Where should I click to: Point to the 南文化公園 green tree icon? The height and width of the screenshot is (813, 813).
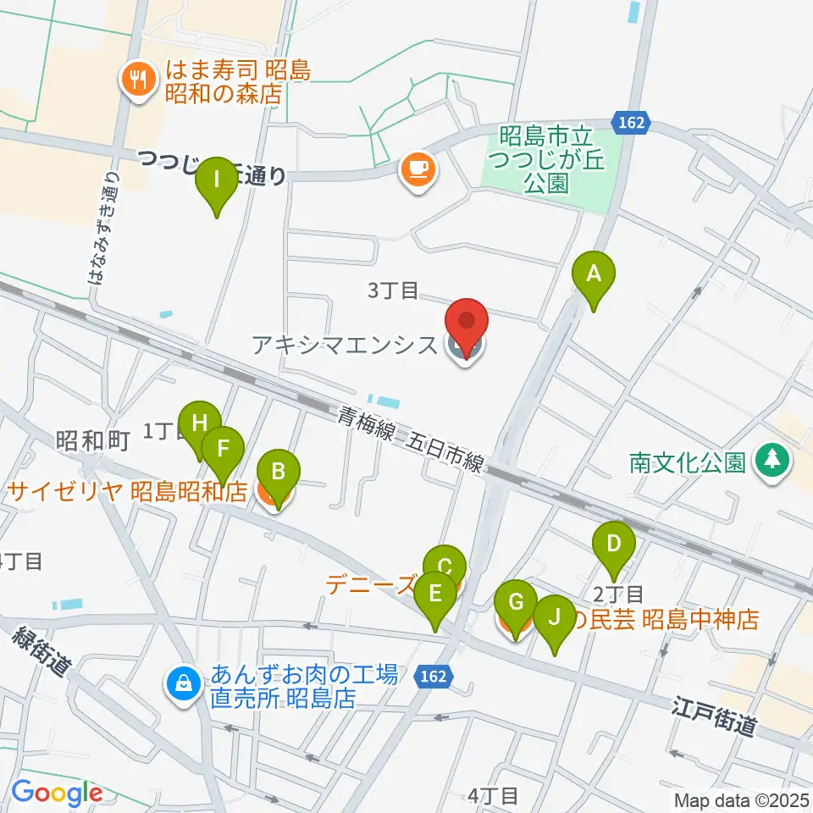pos(772,462)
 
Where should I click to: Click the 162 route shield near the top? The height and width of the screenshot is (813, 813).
pos(631,123)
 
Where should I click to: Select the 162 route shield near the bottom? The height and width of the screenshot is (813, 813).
pos(434,677)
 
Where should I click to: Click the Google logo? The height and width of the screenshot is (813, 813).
pos(57,794)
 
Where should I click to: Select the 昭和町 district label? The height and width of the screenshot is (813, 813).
pos(92,440)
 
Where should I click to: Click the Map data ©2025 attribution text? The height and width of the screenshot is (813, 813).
pos(742,799)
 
